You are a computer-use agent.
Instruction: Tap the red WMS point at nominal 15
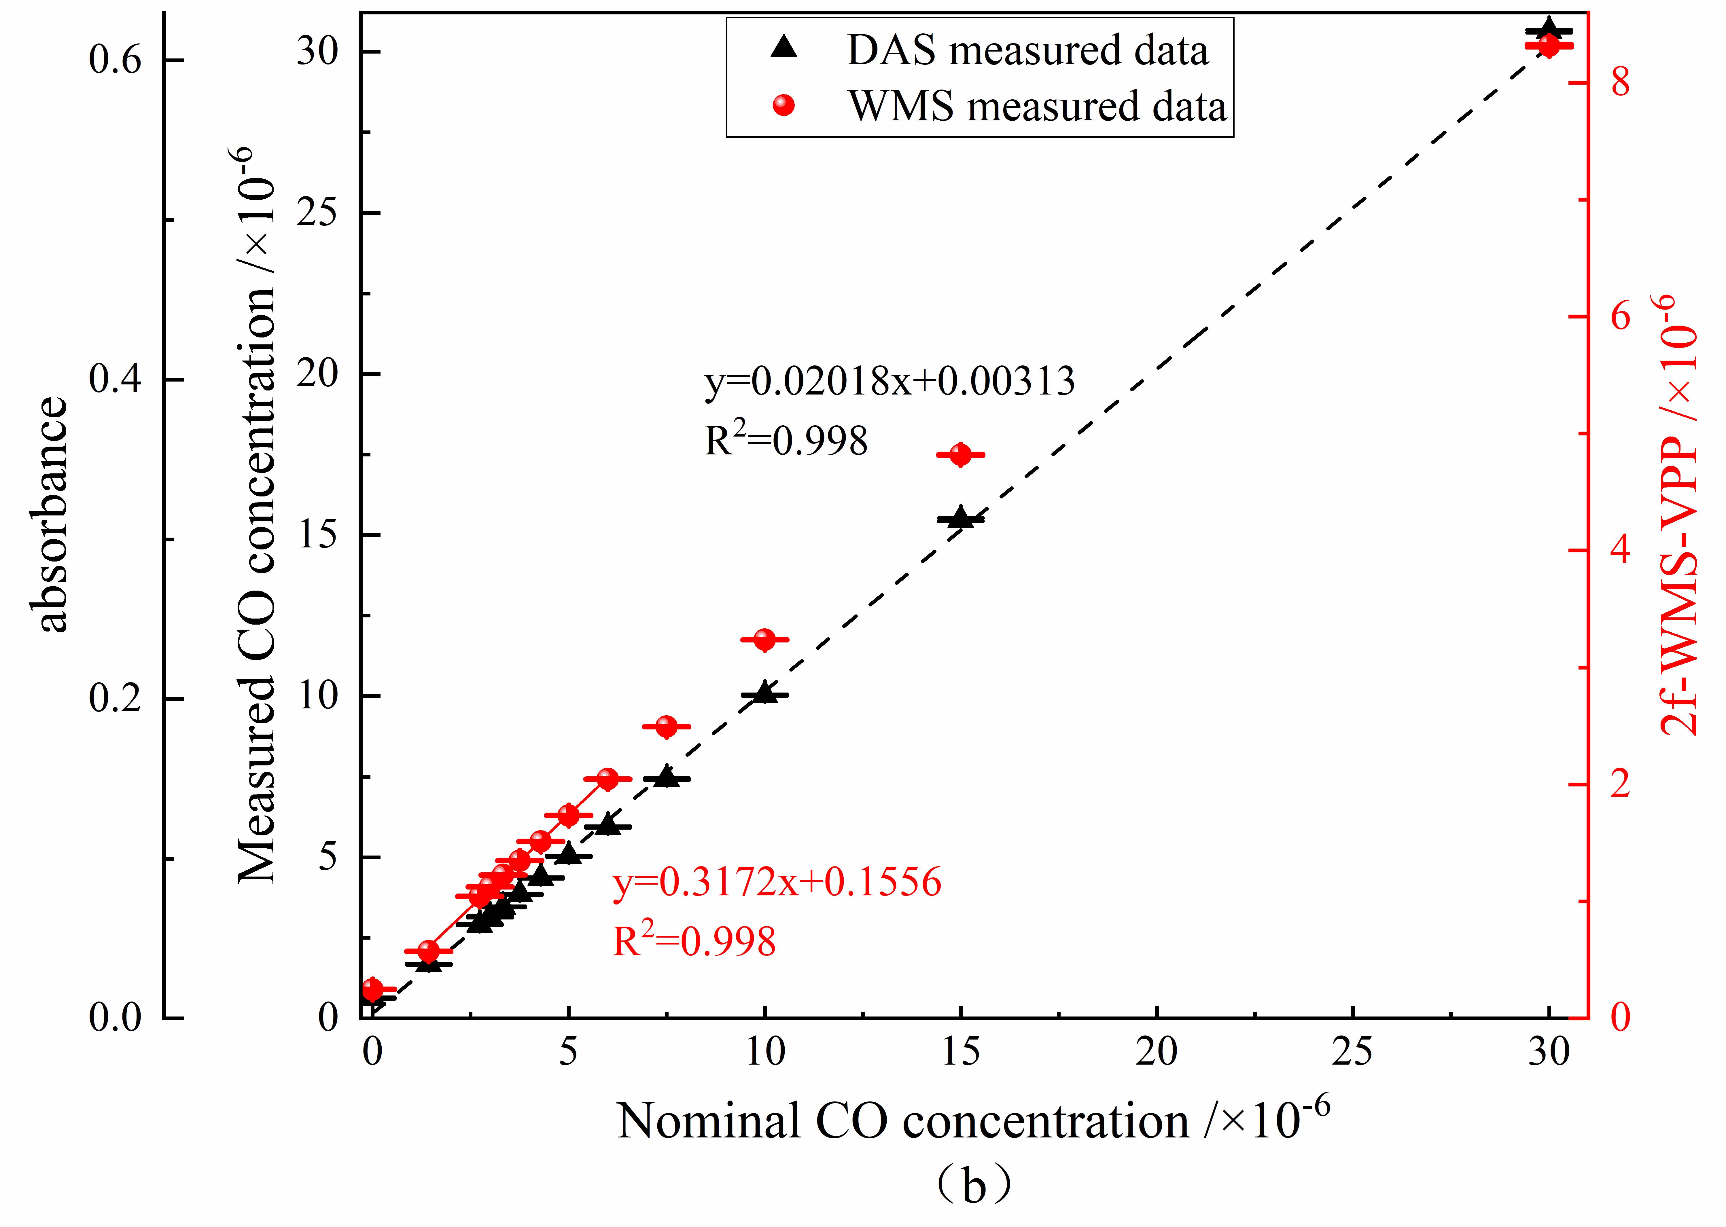[x=960, y=455]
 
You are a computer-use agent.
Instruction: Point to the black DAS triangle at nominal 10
[x=765, y=693]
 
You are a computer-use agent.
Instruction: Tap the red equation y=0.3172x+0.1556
[x=777, y=882]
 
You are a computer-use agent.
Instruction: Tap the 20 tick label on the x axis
[x=1156, y=1052]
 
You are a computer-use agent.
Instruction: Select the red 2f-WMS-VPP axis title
[x=1678, y=514]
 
